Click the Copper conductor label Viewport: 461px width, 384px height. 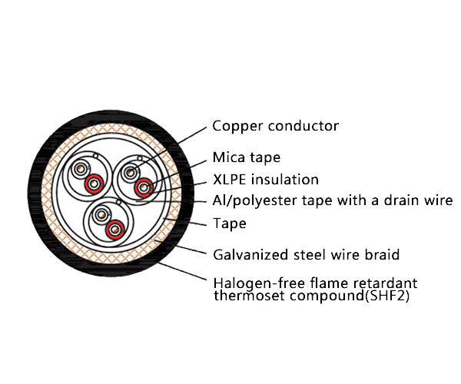[275, 126]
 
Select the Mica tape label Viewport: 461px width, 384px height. [246, 158]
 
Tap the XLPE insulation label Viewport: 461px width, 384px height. [265, 180]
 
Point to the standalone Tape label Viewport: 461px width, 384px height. [229, 223]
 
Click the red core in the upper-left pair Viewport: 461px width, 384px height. [93, 184]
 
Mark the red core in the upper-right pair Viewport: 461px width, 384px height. [142, 187]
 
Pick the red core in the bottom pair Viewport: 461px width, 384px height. [114, 228]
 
